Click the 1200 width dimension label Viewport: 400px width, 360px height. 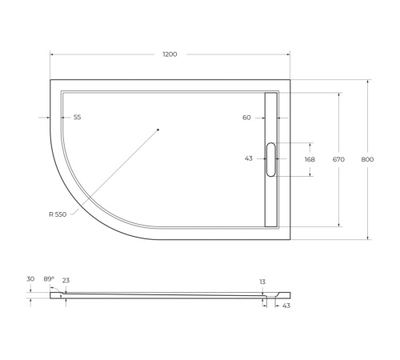pos(170,54)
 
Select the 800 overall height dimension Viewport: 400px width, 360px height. pos(367,160)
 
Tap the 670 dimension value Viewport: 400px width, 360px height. pos(338,160)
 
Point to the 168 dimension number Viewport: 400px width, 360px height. pos(310,159)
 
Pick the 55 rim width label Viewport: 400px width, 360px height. pos(77,118)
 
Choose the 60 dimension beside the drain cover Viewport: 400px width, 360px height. pos(246,118)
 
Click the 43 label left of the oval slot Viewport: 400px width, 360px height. pos(249,158)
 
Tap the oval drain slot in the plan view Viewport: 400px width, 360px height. pos(270,159)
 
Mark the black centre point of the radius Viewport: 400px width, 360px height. pos(158,130)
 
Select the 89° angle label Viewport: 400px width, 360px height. pos(49,279)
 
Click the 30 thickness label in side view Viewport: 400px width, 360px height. pos(30,279)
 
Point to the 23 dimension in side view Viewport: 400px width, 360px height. pos(66,280)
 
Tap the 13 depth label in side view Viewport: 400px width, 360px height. pos(262,282)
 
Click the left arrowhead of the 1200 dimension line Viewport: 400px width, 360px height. pos(52,54)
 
